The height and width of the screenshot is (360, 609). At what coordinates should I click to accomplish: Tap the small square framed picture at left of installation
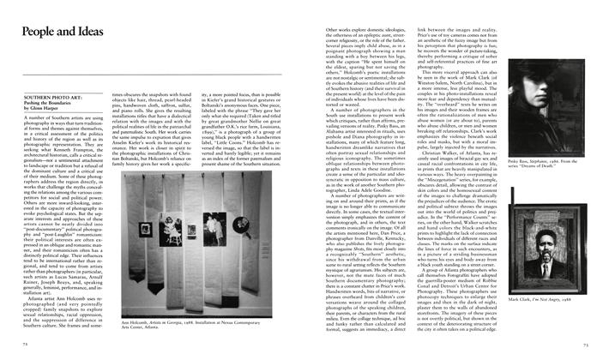coord(136,220)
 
